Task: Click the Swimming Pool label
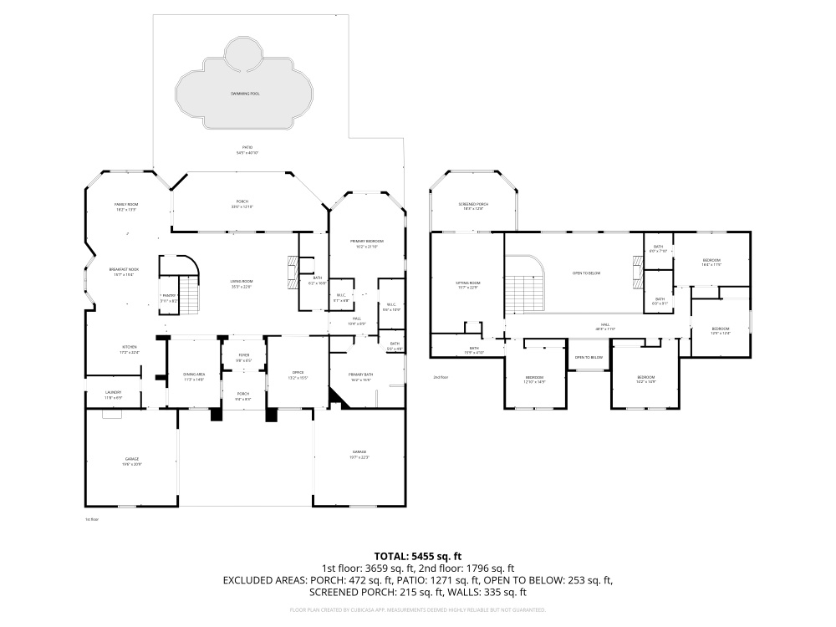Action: click(x=245, y=94)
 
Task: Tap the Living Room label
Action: click(x=242, y=283)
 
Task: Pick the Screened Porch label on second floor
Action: click(x=473, y=206)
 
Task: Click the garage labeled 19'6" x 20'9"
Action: click(x=131, y=461)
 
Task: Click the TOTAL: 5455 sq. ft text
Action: click(x=418, y=555)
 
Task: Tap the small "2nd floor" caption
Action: click(x=441, y=377)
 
